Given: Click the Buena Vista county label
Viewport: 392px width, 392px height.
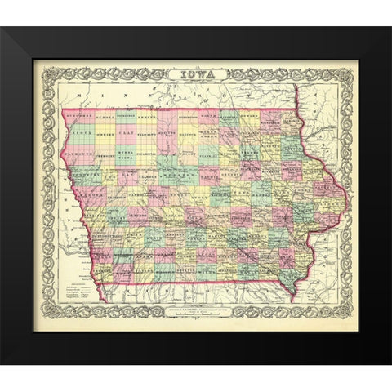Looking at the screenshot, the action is (x=124, y=151).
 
